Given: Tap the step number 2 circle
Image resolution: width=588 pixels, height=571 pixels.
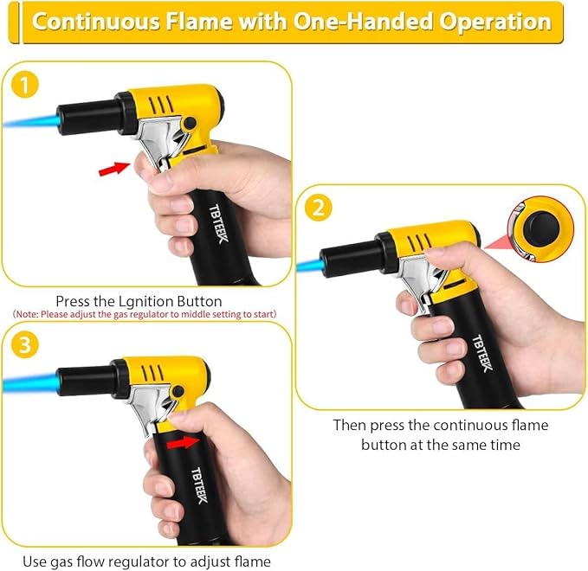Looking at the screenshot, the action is coord(318,207).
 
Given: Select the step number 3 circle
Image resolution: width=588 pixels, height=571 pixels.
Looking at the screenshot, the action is coord(24,344).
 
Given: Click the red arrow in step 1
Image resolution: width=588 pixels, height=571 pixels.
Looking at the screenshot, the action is coord(113,169).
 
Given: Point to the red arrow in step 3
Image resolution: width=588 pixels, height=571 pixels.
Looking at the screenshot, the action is coord(183,442).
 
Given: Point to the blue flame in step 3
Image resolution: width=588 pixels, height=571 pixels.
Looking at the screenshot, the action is coord(30,382).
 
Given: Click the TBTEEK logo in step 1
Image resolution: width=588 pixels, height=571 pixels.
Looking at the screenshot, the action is coord(218,223).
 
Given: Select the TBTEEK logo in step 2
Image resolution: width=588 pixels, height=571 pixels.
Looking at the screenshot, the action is coord(482,353).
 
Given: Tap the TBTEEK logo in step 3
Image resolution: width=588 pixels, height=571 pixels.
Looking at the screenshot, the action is coord(199,485).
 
